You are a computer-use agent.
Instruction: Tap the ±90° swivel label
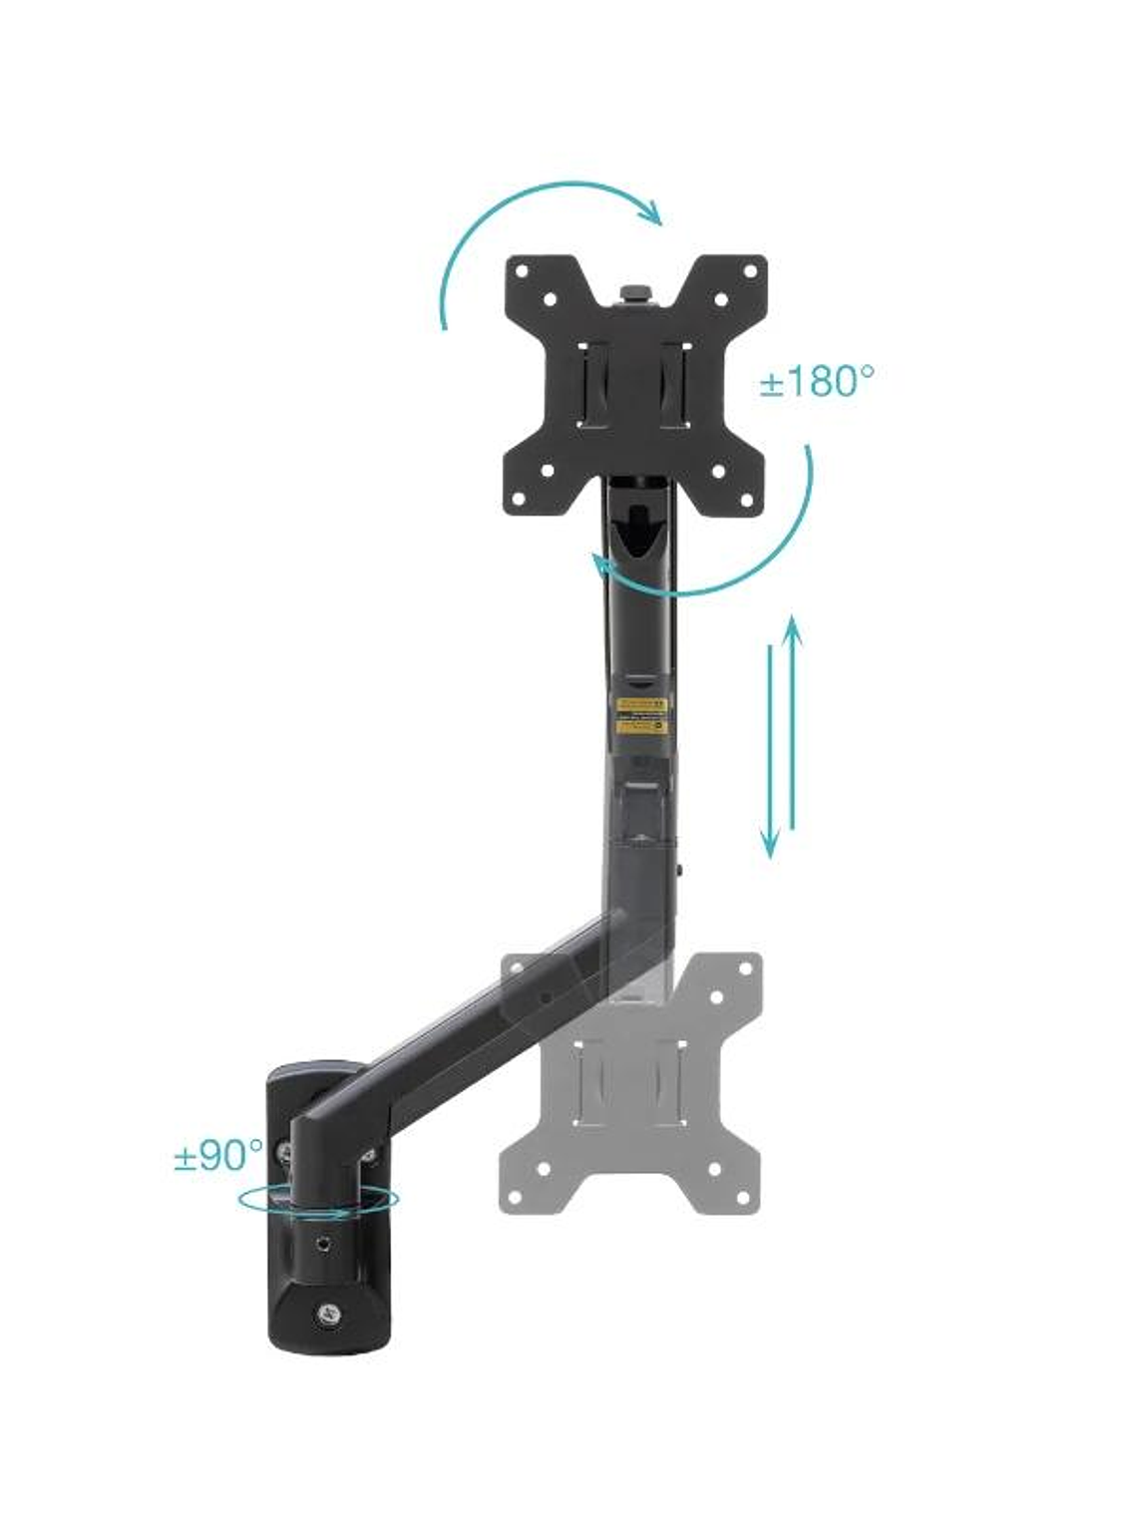tap(218, 1156)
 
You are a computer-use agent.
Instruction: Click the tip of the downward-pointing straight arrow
tap(770, 853)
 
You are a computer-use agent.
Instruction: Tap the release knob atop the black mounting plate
tap(634, 293)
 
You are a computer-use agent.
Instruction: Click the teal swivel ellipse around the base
tap(318, 1200)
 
